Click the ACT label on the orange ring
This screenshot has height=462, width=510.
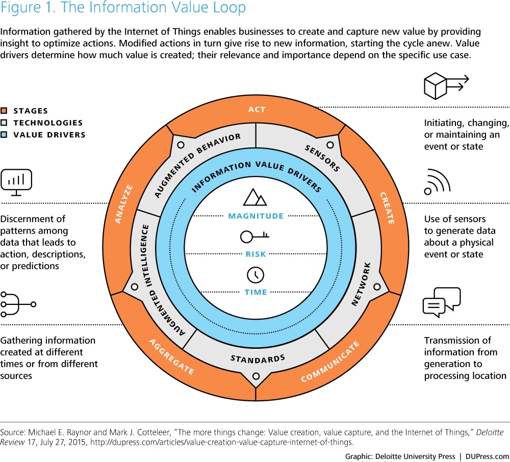257,110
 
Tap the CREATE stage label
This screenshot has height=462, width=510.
388,208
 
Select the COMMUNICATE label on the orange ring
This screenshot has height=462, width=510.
330,361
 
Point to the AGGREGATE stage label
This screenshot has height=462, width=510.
172,356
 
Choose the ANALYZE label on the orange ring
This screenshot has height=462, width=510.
124,204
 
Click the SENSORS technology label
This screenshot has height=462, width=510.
322,158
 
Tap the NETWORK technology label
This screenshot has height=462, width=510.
361,284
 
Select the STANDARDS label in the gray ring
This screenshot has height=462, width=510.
258,359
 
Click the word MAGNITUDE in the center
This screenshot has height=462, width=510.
256,216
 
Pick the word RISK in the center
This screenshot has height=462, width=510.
256,254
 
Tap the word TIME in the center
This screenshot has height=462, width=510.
256,292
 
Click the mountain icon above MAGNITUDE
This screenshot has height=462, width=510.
255,197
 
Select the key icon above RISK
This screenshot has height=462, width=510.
254,237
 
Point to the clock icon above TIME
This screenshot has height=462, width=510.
256,275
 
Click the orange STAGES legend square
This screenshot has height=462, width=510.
4,111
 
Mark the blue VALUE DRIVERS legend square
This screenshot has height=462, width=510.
4,135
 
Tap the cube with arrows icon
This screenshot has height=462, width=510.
446,86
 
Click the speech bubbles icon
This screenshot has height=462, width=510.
442,302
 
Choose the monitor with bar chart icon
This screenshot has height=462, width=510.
16,183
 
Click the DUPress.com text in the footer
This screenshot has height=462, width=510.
487,456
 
